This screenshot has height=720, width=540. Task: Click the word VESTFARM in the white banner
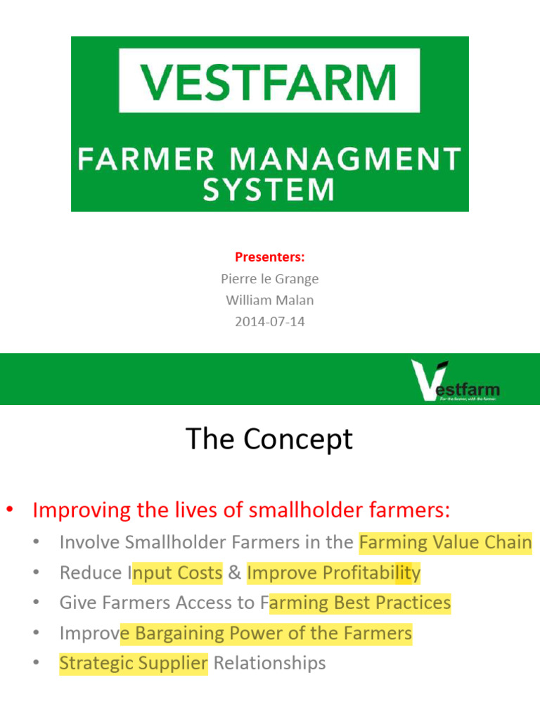coord(269,81)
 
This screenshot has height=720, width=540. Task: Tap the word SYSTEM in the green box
coord(269,190)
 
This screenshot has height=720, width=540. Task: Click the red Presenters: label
coord(269,257)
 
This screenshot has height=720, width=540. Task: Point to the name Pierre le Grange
coord(269,279)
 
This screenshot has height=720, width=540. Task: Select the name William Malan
coord(269,301)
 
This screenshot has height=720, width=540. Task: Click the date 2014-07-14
coord(269,323)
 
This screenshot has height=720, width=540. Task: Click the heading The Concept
coord(269,440)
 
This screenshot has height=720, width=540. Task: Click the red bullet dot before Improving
coord(11,509)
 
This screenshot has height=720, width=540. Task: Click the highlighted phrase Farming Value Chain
coord(445,542)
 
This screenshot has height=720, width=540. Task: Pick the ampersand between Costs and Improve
coord(235,573)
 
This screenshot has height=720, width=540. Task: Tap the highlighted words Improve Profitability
coord(333,573)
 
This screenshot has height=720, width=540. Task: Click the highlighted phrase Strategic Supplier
coord(134,663)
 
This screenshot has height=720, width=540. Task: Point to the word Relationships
coord(269,663)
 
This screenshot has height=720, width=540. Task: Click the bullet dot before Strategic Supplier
coord(35,663)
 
